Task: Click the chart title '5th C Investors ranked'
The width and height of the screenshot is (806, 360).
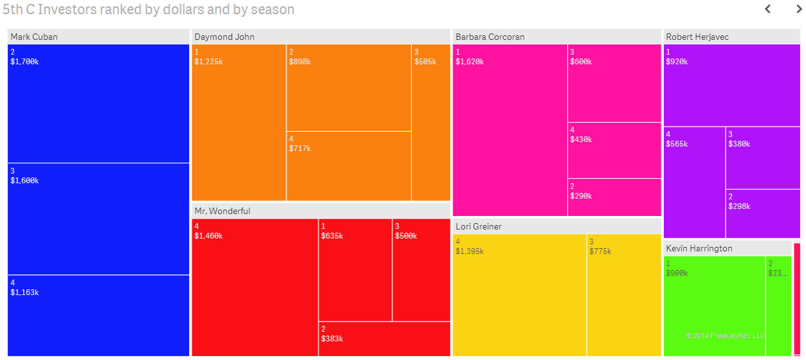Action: (x=148, y=10)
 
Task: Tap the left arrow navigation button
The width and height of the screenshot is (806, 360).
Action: (x=767, y=9)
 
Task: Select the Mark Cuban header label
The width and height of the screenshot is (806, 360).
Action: (x=34, y=37)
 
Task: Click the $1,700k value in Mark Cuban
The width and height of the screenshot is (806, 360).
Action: (x=24, y=62)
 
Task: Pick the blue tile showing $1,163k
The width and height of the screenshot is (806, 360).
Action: (x=98, y=315)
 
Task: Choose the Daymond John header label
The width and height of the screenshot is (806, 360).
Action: (x=224, y=37)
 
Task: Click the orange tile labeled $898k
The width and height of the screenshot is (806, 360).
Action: (x=348, y=87)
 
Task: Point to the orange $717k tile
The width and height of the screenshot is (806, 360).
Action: (x=348, y=166)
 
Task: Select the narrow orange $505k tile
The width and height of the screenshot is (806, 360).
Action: (x=431, y=122)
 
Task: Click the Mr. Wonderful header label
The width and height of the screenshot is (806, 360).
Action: (x=222, y=211)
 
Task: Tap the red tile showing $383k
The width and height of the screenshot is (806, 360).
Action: (x=384, y=339)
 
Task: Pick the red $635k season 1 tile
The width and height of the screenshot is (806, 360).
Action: (x=355, y=270)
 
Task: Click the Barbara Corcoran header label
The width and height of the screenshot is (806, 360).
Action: (x=490, y=37)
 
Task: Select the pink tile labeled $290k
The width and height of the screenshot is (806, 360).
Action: (x=614, y=197)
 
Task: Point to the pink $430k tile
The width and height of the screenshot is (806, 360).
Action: (x=614, y=150)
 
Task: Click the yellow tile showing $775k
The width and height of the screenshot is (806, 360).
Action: (x=623, y=294)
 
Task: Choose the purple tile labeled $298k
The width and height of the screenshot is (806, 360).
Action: (x=763, y=214)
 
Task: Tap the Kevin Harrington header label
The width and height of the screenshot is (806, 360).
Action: (x=699, y=248)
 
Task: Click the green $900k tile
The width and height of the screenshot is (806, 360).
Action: (x=713, y=305)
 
